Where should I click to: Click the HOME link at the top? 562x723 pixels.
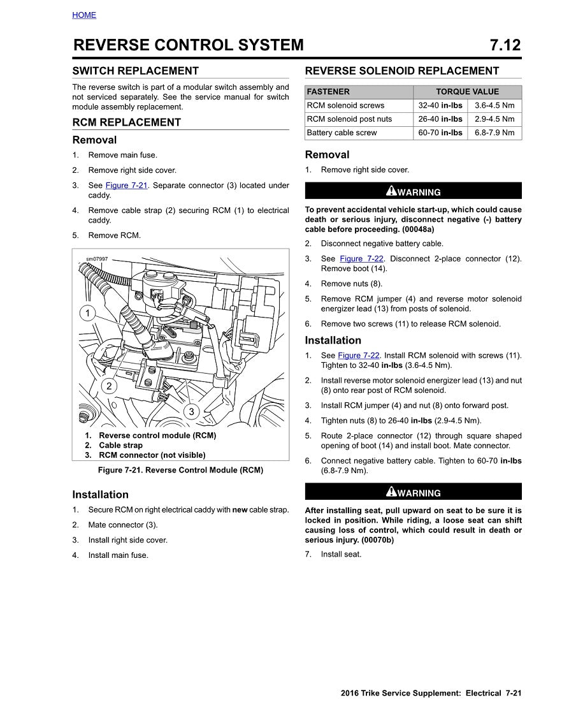[x=84, y=15]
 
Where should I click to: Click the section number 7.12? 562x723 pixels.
[x=505, y=45]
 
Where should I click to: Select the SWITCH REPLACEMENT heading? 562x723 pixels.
[x=135, y=71]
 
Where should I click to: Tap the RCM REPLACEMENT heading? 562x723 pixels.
[x=126, y=122]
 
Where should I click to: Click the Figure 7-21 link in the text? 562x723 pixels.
[x=126, y=186]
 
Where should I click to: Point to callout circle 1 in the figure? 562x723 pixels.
[x=88, y=313]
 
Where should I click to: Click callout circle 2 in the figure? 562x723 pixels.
[x=109, y=386]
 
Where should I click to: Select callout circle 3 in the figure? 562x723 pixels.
[x=191, y=411]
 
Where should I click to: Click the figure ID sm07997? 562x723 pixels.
[x=97, y=259]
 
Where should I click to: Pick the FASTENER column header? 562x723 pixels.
[x=328, y=92]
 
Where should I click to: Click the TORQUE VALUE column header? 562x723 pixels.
[x=467, y=92]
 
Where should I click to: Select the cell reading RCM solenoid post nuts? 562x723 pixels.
[x=349, y=119]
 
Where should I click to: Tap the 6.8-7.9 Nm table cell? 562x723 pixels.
[x=494, y=133]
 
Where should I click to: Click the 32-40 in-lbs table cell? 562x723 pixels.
[x=440, y=105]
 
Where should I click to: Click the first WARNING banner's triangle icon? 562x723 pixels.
[x=391, y=191]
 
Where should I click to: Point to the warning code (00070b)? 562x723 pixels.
[x=377, y=540]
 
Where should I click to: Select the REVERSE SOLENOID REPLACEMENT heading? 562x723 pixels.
[x=402, y=71]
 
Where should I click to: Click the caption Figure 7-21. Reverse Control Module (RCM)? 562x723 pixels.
[x=180, y=470]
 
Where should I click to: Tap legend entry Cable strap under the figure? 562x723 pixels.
[x=120, y=445]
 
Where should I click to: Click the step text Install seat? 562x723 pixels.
[x=341, y=554]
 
